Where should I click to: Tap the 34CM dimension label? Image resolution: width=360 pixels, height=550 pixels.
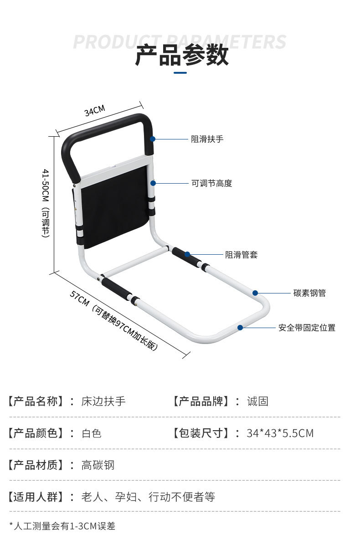coord(95,111)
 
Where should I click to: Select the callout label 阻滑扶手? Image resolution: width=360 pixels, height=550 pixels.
coord(207,139)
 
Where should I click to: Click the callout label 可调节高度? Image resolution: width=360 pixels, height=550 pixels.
coord(211,183)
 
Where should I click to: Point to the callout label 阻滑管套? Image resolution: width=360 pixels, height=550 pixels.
coord(241,255)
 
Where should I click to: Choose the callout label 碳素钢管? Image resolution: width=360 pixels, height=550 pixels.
coord(309,293)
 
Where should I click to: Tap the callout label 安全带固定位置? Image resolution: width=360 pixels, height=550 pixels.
coord(307,328)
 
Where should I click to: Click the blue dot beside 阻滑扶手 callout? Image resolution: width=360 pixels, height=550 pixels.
coord(153,139)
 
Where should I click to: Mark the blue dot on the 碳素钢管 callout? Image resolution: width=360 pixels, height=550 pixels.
coord(256,293)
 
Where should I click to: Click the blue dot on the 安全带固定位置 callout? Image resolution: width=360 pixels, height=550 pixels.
coord(240,327)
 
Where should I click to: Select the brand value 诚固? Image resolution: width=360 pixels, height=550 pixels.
coord(257,401)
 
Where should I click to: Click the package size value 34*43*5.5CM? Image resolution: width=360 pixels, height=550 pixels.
coord(280,433)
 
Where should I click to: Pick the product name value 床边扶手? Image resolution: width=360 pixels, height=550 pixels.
coord(103,401)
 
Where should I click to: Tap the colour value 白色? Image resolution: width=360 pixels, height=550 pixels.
coord(92,433)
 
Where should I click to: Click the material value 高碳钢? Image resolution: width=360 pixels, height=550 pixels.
coord(98,465)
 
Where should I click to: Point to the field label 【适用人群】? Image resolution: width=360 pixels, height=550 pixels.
coord(35,497)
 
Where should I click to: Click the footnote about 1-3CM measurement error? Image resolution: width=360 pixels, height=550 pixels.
coord(62,526)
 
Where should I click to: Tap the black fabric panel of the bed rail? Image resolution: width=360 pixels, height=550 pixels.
coord(114,205)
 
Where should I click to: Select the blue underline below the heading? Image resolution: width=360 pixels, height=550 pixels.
coord(180,72)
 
